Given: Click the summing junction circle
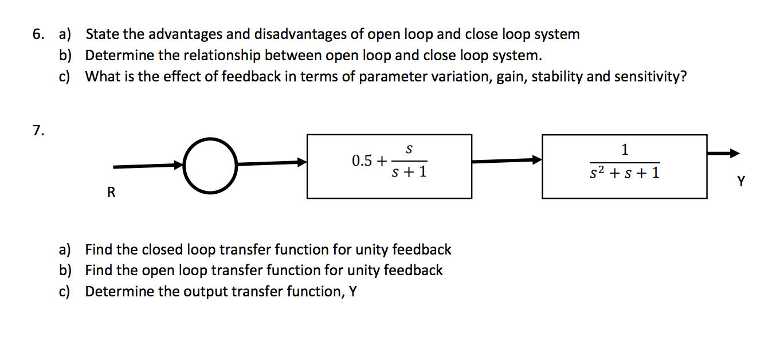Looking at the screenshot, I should click(x=210, y=165).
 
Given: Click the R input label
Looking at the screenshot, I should click(x=111, y=193).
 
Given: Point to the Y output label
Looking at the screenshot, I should click(x=741, y=182).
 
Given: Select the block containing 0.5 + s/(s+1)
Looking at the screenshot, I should click(x=389, y=166).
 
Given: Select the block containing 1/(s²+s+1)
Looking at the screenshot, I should click(x=624, y=166).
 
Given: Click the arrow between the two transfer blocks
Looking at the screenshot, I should click(x=507, y=161).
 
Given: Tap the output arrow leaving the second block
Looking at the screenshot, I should click(x=723, y=154).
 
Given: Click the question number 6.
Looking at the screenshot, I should click(x=38, y=34).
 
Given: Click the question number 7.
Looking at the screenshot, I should click(x=38, y=131).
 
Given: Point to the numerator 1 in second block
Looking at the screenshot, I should click(x=625, y=150).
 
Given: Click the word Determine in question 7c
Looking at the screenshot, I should click(x=120, y=291).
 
